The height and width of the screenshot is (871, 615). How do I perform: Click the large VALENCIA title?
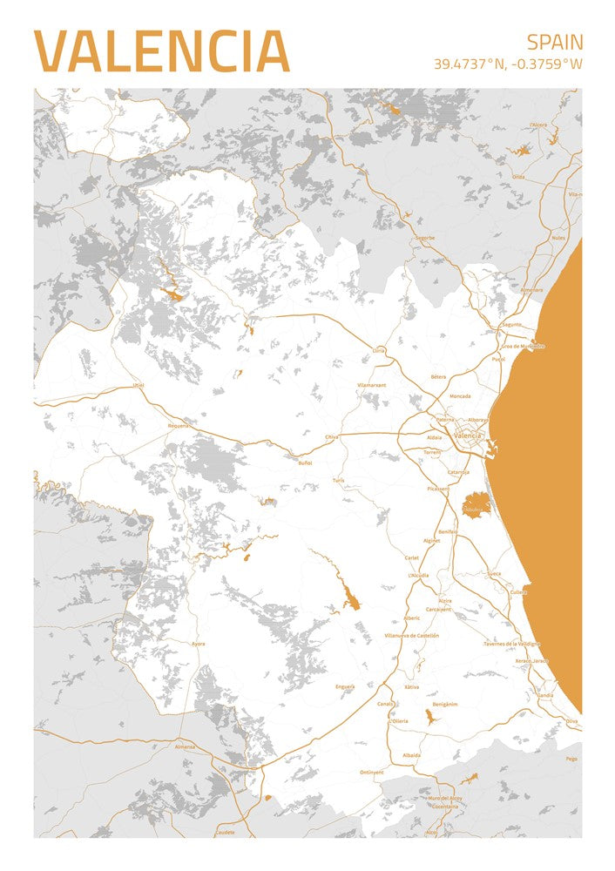(x=161, y=51)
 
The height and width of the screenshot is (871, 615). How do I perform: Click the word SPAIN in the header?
(x=555, y=42)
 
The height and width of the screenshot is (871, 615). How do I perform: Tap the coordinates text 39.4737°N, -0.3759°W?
(x=508, y=64)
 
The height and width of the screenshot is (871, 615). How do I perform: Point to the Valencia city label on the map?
(x=468, y=435)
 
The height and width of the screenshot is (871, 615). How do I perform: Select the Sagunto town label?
(x=511, y=324)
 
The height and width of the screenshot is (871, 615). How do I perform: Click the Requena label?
(x=178, y=426)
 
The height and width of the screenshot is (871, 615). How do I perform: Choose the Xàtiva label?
(x=412, y=687)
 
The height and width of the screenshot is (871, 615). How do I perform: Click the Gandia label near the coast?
(x=545, y=695)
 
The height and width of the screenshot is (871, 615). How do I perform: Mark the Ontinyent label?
(x=371, y=772)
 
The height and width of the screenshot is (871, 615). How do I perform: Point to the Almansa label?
(x=185, y=746)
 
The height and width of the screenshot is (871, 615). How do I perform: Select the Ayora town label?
(x=199, y=644)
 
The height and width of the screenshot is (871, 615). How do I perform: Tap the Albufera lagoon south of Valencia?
(x=476, y=503)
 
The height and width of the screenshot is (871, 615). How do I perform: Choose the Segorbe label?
(x=424, y=237)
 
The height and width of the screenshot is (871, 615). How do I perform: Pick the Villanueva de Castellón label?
(x=411, y=636)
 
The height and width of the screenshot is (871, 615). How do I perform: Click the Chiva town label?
(x=331, y=436)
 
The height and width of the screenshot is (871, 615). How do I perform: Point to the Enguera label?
(x=345, y=686)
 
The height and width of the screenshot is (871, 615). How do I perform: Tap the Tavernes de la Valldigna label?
(x=511, y=644)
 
